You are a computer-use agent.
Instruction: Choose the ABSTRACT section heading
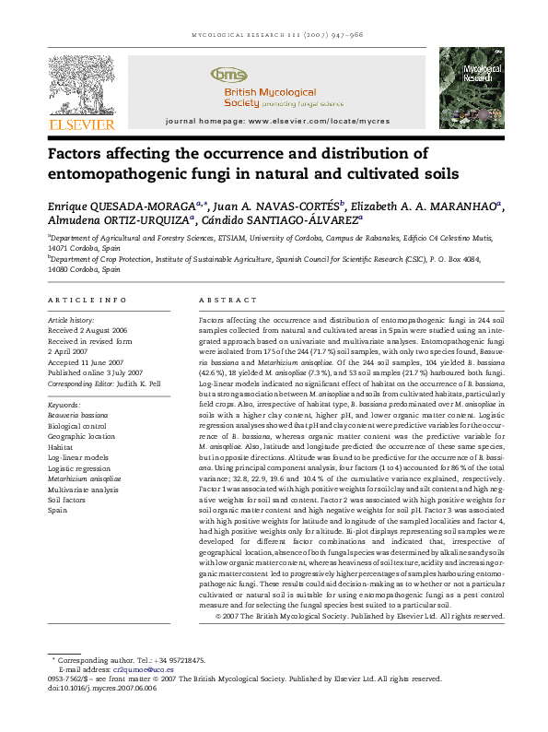(x=220, y=301)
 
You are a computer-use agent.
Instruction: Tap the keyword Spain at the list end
(x=57, y=510)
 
